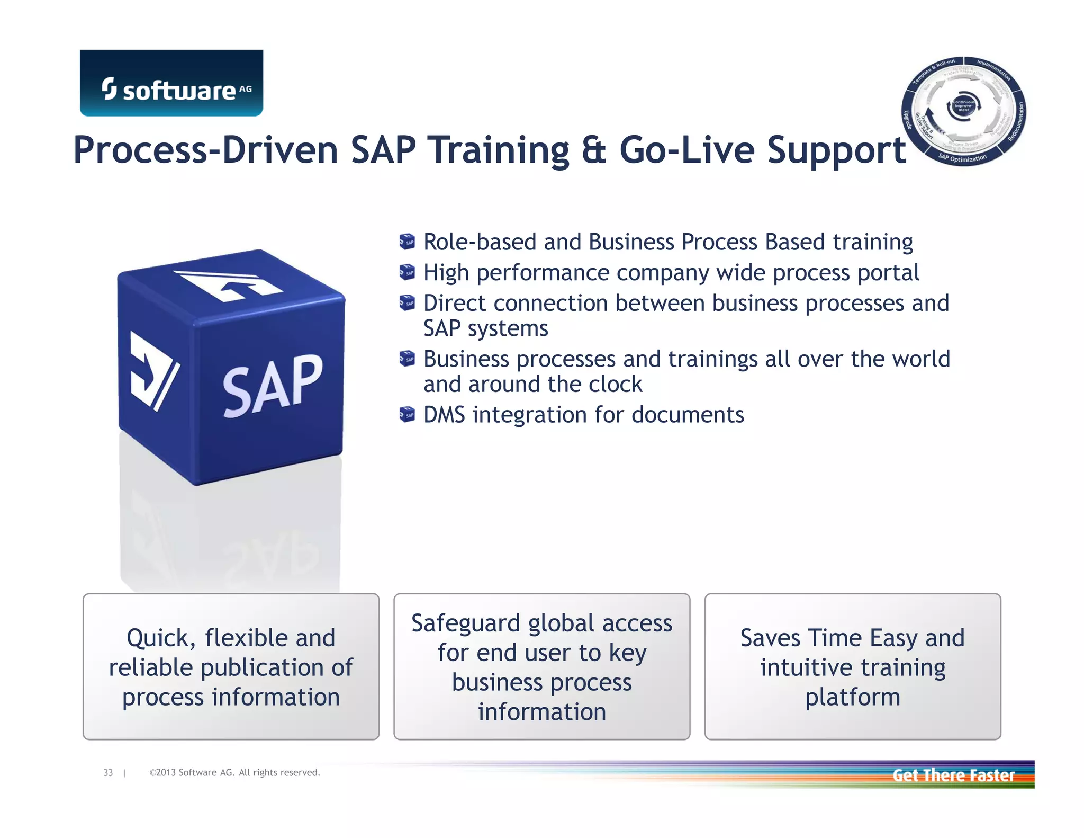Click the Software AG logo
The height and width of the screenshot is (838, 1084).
coord(171,83)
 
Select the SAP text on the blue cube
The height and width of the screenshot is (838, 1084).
coord(272,385)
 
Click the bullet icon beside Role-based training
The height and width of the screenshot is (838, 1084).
coord(406,242)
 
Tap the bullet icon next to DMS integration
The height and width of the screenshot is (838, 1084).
coord(406,414)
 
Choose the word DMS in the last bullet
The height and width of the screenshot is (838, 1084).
coord(444,415)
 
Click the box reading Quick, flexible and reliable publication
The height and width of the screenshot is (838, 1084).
coord(231,666)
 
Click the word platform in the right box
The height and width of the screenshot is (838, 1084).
coord(852,697)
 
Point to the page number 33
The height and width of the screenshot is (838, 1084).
coord(108,773)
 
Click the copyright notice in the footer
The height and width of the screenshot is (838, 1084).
coord(234,773)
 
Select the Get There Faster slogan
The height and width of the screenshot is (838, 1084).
coord(953,775)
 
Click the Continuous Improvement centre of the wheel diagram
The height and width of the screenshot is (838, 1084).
coord(963,106)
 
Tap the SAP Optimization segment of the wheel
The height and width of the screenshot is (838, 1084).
coord(962,158)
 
